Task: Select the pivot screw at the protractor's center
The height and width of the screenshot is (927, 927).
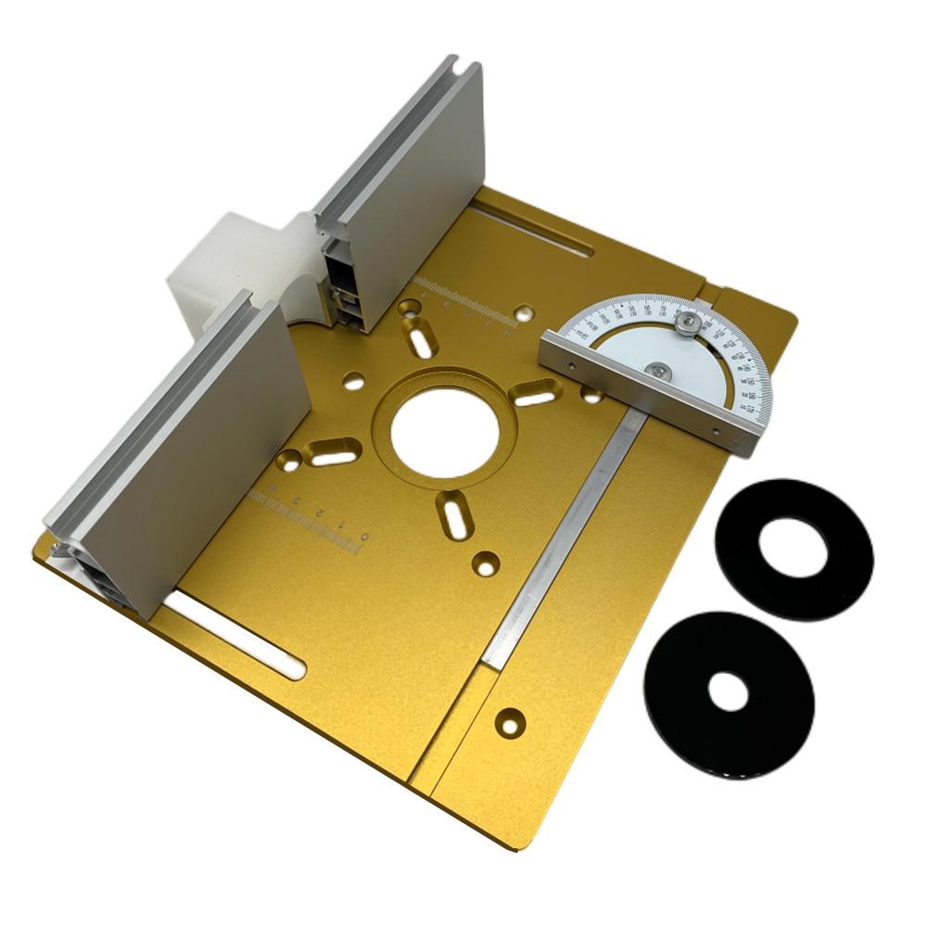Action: (x=656, y=371)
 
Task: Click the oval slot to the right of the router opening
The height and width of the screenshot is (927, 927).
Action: (x=537, y=395)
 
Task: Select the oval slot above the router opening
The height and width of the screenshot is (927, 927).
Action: (x=422, y=337)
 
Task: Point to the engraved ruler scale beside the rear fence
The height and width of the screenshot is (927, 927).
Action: (x=463, y=306)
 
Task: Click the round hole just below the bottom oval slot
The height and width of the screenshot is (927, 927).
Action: (x=485, y=562)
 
